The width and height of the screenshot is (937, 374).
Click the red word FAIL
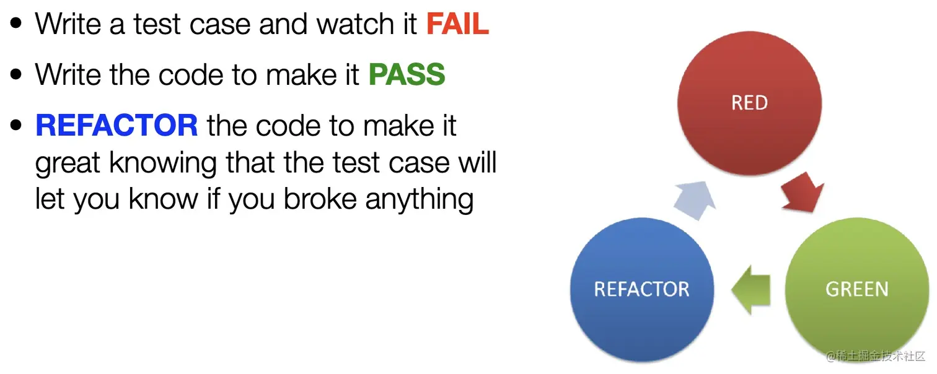point(457,24)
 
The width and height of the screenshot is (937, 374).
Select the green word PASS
point(407,74)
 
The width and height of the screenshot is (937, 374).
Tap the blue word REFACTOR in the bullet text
point(117,125)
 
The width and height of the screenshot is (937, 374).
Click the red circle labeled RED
point(749,103)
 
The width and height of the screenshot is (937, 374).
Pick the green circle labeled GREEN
point(857,289)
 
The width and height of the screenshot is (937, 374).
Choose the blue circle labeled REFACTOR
point(641,289)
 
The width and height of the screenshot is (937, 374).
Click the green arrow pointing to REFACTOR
point(751,290)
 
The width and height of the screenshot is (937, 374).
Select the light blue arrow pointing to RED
point(695,201)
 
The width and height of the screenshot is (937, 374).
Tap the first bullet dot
point(16,24)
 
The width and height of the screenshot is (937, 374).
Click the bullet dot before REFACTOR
point(16,125)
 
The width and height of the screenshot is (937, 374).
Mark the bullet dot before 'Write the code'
point(16,74)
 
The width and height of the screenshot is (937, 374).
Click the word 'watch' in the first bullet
point(355,24)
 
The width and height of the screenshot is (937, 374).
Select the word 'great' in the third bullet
point(68,163)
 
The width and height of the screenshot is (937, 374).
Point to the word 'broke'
point(320,199)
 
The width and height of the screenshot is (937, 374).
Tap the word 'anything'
point(419,200)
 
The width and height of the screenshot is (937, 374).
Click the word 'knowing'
point(163,163)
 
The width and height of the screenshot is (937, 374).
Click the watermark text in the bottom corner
point(876,356)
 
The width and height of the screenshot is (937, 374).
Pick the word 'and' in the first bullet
point(283,24)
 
